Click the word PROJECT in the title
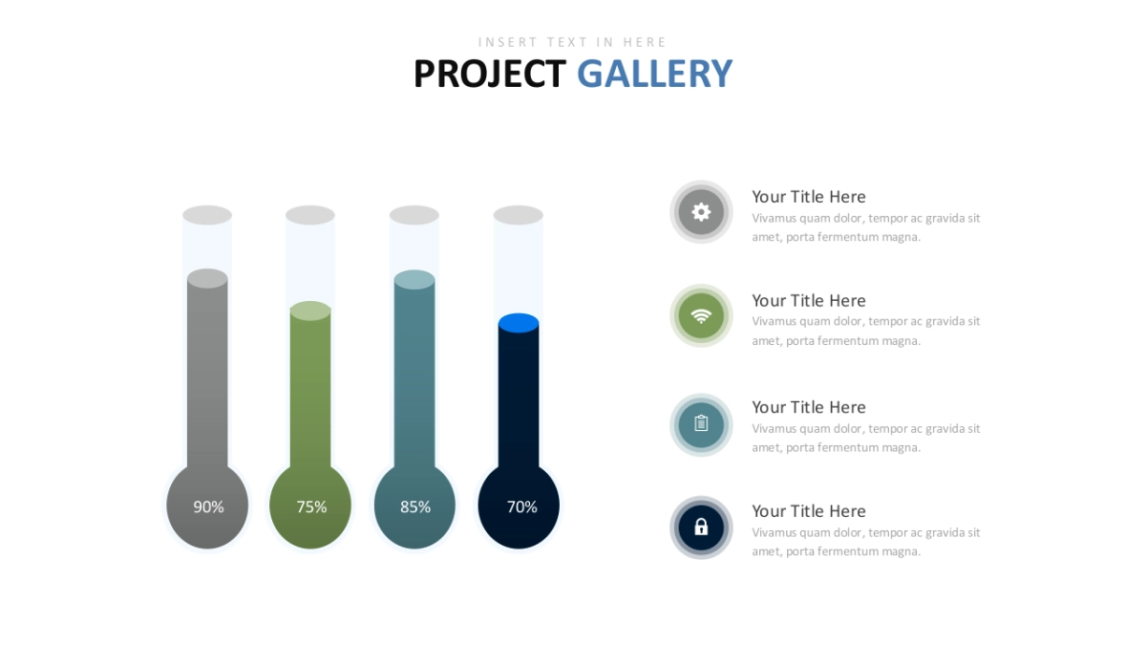pos(490,74)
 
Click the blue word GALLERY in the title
pos(655,74)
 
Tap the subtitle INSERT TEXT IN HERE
pos(572,42)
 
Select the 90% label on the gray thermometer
pos(208,506)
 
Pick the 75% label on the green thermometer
pos(311,506)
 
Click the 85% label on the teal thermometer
pos(415,506)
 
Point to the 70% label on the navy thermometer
pos(521,506)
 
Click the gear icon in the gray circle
pos(701,212)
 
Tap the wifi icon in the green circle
pos(701,316)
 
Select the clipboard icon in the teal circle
pos(701,423)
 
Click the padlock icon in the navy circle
pos(701,527)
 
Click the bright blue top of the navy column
pos(519,323)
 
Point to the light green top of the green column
pos(310,311)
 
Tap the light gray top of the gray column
pos(207,278)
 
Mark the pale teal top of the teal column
pos(414,279)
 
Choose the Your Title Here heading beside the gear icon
pos(808,197)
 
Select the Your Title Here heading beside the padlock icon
pos(808,511)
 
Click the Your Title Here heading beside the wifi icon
pos(808,300)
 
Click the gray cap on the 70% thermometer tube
pos(519,215)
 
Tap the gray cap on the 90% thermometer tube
pos(207,215)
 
